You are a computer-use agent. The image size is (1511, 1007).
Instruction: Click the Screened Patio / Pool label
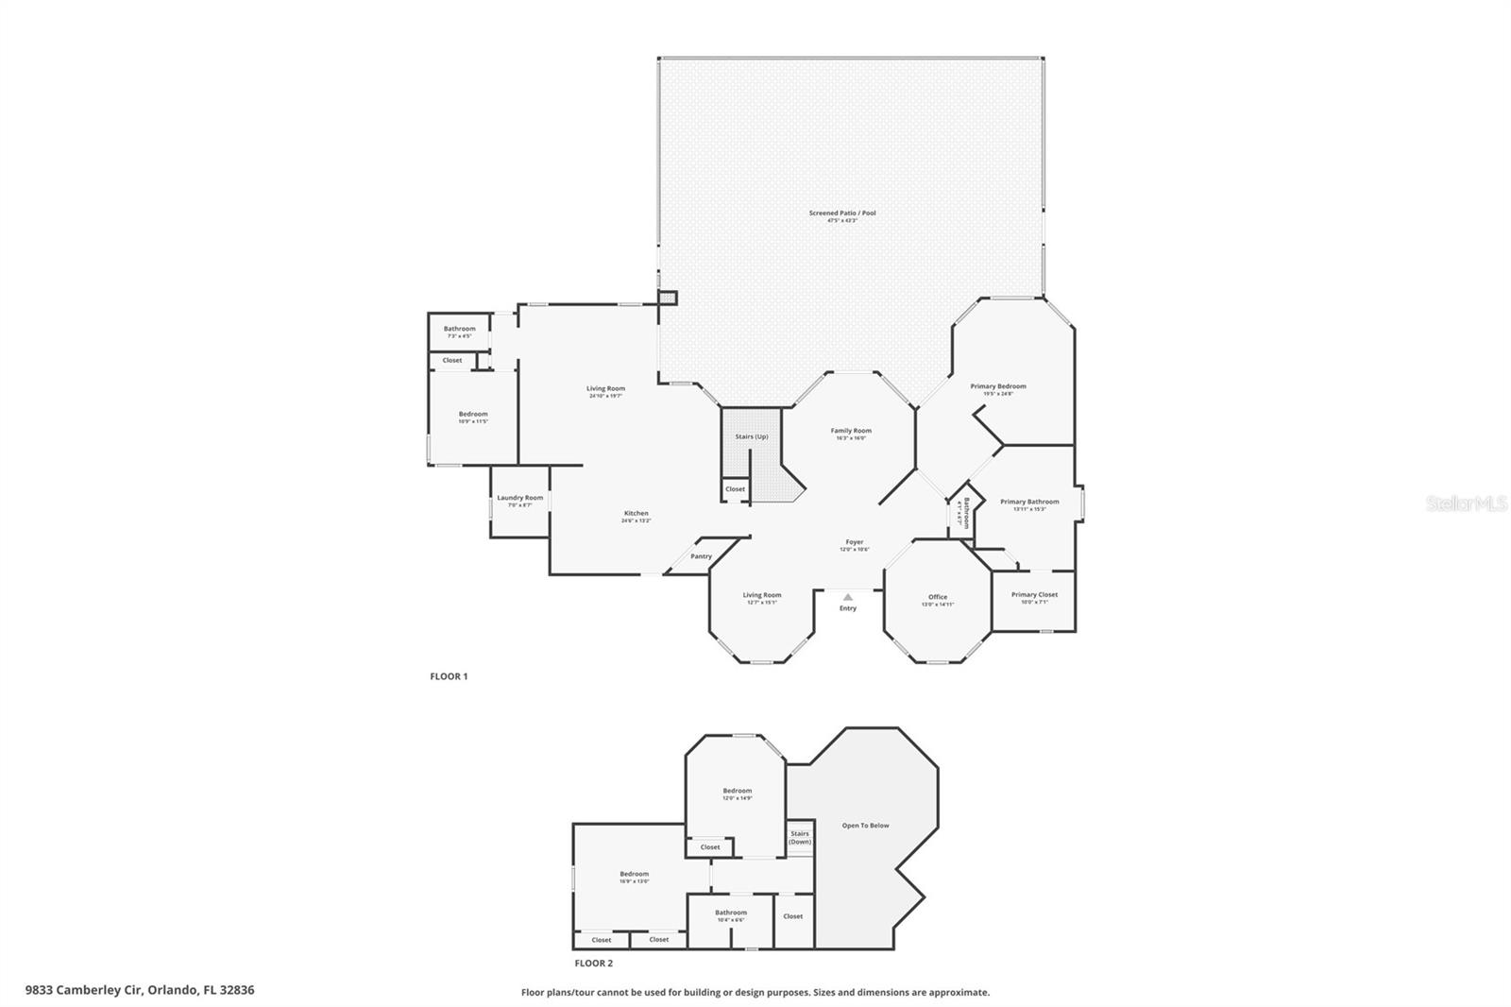point(841,213)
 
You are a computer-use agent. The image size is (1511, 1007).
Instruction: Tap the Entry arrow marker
point(848,597)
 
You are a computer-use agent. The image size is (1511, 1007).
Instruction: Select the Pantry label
point(701,556)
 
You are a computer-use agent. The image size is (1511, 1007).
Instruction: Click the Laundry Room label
point(520,498)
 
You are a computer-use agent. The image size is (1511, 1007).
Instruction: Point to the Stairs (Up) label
point(752,436)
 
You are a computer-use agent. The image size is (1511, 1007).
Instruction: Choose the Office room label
point(938,597)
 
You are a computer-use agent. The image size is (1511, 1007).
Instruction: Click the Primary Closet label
point(1034,595)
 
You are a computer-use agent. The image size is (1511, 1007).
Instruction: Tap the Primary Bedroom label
point(998,386)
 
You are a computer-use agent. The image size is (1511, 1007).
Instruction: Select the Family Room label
point(851,431)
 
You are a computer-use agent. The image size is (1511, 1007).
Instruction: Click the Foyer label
point(854,543)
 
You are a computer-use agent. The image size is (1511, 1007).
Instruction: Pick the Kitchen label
point(636,514)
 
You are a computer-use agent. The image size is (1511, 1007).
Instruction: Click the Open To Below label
point(865,826)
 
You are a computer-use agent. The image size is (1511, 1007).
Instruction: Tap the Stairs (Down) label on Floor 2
point(800,837)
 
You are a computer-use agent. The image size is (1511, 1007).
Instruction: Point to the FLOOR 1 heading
point(449,676)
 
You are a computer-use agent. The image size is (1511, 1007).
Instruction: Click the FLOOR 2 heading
point(594,964)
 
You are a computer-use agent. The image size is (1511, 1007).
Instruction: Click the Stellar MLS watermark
point(1467,504)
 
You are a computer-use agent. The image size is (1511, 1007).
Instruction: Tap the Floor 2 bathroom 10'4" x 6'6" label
point(731,913)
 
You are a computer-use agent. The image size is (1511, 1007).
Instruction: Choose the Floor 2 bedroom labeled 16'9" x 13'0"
point(634,875)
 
